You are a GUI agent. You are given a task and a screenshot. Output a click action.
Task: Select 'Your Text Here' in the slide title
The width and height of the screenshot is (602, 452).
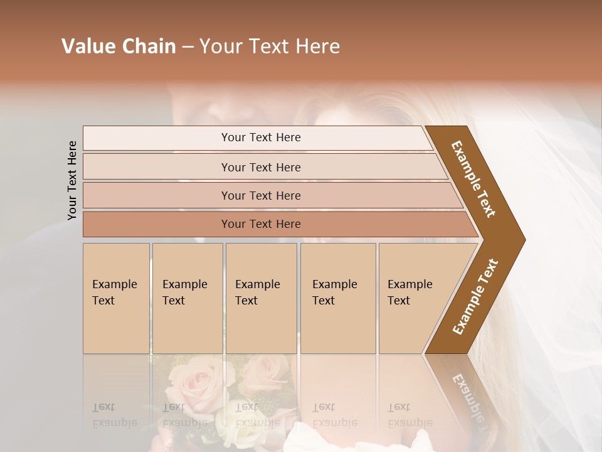(270, 46)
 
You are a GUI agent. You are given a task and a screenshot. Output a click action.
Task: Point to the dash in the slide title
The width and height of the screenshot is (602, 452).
(187, 47)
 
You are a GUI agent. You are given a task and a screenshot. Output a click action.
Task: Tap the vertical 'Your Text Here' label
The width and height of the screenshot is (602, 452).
(72, 180)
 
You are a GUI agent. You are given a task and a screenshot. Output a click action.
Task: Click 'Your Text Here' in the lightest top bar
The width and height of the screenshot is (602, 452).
(261, 137)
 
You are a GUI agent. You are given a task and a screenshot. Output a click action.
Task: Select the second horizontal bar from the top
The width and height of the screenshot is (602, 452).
(261, 167)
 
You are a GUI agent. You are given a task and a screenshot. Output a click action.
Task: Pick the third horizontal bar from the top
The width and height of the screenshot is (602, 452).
(261, 195)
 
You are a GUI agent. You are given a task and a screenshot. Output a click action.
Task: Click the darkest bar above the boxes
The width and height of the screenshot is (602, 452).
(261, 224)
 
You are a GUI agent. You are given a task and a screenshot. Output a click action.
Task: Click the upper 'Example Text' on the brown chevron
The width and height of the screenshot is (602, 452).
(473, 179)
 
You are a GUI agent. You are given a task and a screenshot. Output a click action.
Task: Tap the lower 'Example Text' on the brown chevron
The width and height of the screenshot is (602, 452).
(475, 296)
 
